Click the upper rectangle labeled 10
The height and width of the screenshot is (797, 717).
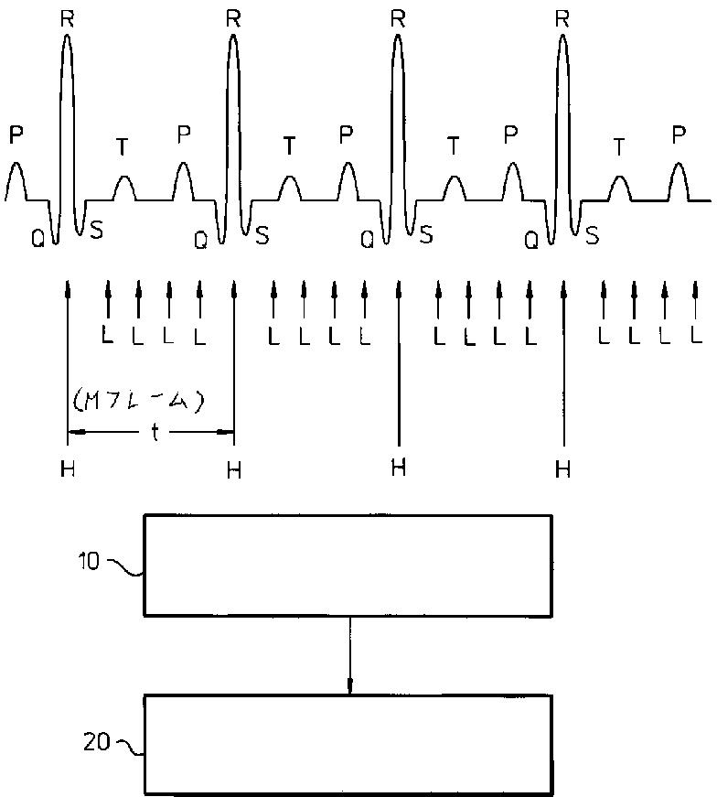point(348,565)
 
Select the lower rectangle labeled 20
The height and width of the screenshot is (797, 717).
point(348,745)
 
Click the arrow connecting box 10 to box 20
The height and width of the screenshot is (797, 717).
point(349,655)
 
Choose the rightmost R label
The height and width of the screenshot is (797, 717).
point(562,17)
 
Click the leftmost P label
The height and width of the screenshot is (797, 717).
point(16,135)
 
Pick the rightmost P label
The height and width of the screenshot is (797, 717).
point(679,135)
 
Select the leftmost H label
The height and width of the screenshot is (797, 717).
point(68,469)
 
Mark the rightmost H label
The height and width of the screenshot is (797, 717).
point(562,469)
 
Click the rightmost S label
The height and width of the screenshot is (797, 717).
point(592,236)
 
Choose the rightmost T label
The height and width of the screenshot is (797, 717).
point(620,145)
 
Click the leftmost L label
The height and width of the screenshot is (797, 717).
point(108,336)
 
